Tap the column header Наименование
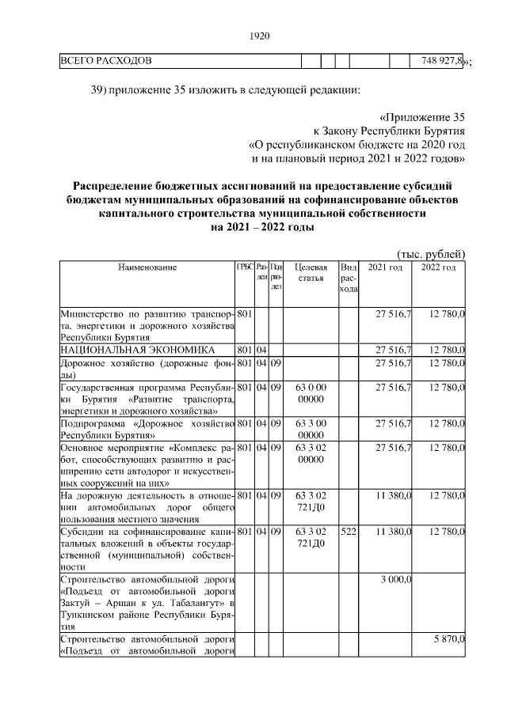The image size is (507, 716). pos(147,268)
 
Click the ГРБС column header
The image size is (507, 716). pos(244,267)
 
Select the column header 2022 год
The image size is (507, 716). pos(438,268)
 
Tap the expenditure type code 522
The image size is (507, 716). pos(349,532)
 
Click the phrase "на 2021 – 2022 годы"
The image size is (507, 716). pos(262,227)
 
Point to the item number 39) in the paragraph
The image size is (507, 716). pos(100,89)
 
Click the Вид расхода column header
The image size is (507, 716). pos(349,278)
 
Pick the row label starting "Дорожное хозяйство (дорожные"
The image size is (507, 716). pos(147,369)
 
